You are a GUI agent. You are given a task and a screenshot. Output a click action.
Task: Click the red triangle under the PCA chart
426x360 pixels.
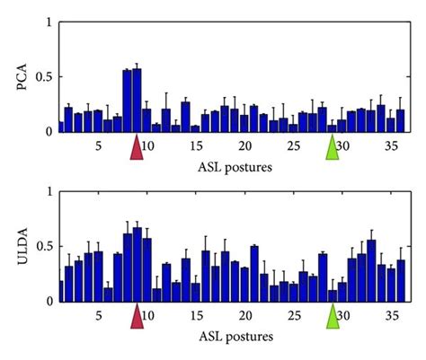[x=137, y=148]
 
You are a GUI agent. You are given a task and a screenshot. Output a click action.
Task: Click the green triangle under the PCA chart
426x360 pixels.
[x=333, y=148]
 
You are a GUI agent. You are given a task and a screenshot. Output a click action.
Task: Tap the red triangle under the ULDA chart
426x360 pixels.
[x=137, y=316]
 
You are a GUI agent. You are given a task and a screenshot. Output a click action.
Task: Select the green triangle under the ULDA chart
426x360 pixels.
[x=333, y=316]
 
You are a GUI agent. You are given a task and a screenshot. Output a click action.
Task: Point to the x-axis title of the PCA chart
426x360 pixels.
[x=234, y=167]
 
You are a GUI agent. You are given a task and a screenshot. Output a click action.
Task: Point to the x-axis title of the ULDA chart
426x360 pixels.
[x=234, y=337]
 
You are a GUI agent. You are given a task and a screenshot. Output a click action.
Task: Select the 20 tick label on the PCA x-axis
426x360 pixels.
[x=244, y=145]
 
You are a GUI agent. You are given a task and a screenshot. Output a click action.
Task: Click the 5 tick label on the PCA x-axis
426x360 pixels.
[x=98, y=145]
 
